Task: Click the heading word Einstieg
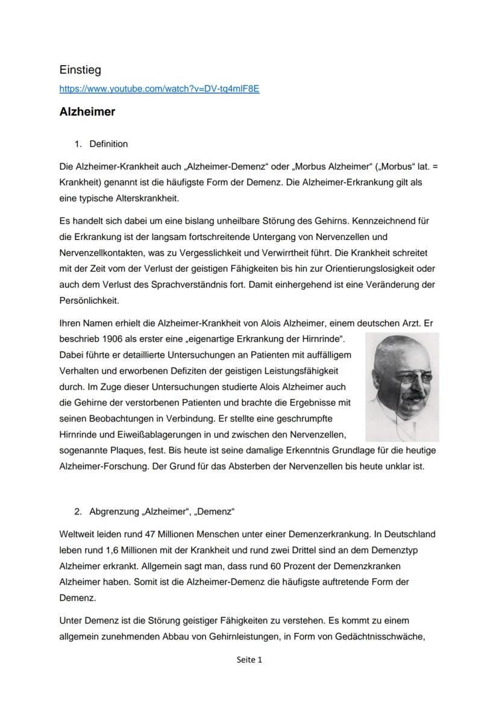(80, 70)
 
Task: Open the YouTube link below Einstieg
(159, 89)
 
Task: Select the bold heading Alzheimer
(87, 112)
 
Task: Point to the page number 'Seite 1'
(249, 660)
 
